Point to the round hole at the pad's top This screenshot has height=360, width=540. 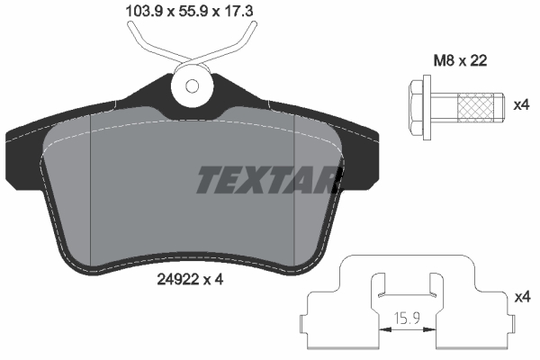click(x=193, y=86)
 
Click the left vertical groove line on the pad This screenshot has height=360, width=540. click(x=94, y=193)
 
